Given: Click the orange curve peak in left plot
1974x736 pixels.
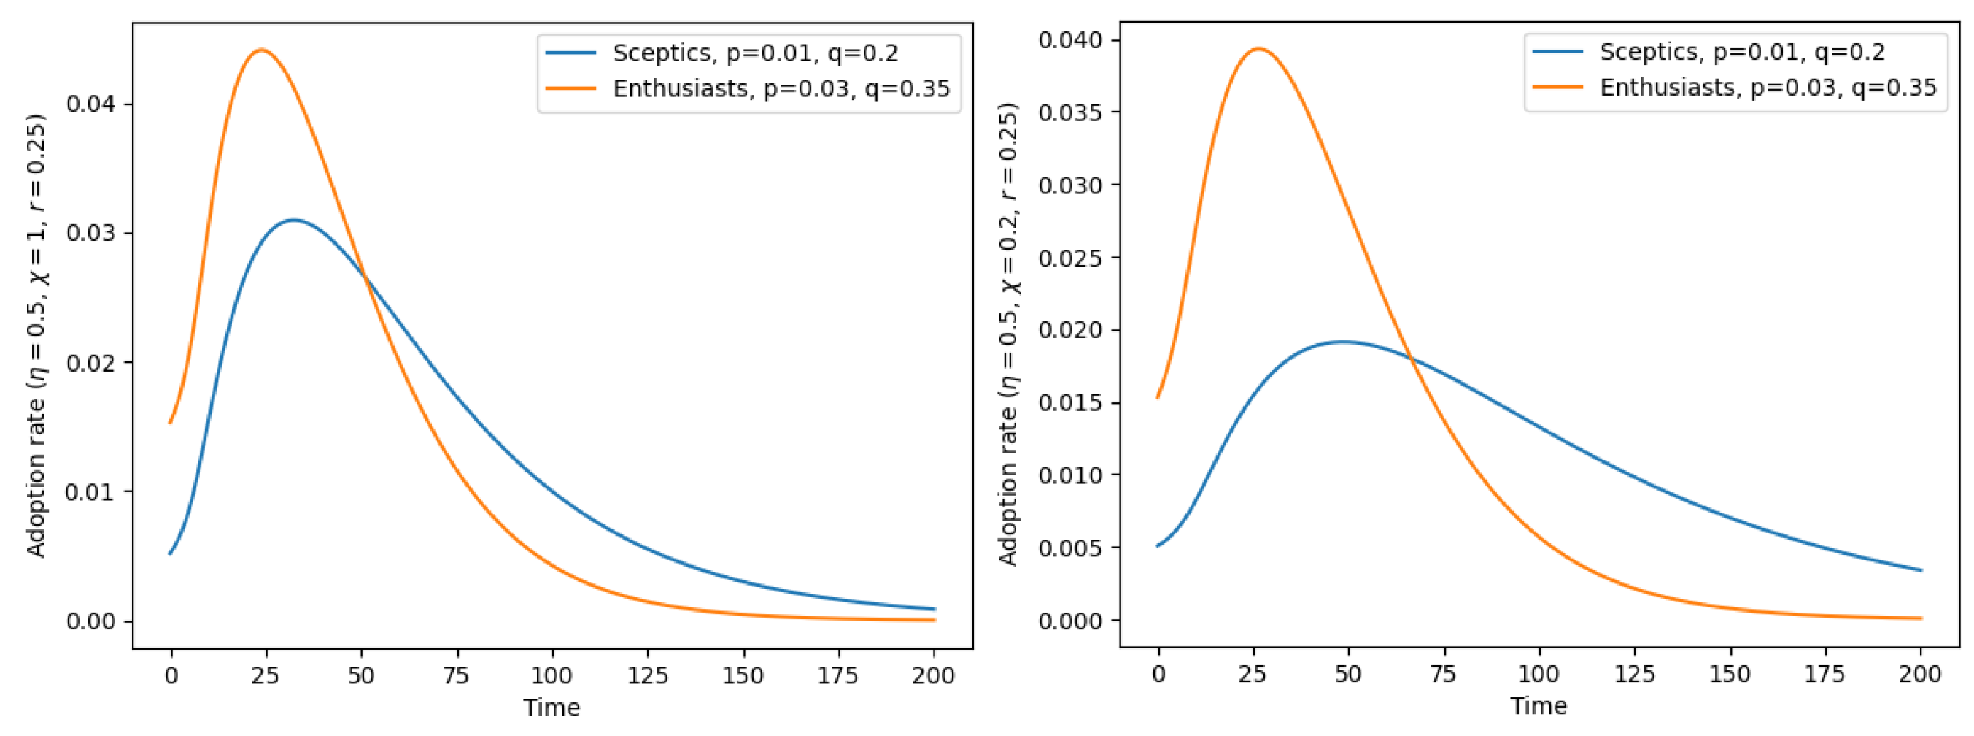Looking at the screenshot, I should coord(261,50).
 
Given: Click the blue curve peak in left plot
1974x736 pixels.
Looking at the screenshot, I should coord(293,220).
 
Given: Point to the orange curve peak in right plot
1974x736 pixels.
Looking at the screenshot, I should coord(1258,48).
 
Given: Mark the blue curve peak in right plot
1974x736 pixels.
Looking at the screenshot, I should coord(1342,342).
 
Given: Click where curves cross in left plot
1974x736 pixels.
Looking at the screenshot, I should coord(363,277).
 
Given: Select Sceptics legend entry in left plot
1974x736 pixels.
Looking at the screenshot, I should coord(755,53).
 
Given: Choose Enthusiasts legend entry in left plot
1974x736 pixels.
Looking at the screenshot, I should coord(780,89).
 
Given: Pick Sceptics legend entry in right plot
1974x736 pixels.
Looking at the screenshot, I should coord(1741,51).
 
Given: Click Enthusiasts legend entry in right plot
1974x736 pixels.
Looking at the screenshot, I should coord(1767,88).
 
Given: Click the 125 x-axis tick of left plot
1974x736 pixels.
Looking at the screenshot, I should coord(648,675).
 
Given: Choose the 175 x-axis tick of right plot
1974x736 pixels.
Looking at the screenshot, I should coord(1824,674).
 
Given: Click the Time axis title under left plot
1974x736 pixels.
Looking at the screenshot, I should coord(551,708).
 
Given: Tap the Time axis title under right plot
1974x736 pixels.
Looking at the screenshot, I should coord(1538,706).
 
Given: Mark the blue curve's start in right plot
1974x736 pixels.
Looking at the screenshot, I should coord(1158,546).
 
